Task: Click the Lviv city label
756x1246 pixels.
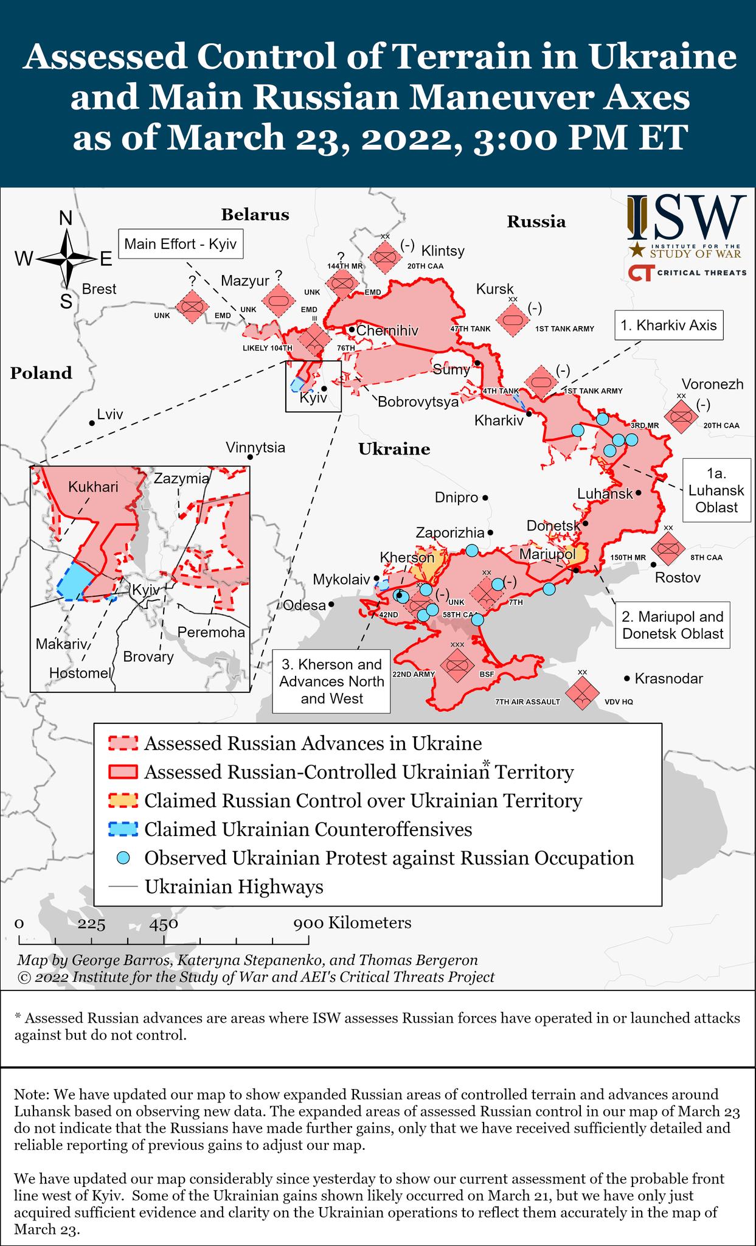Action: pyautogui.click(x=109, y=415)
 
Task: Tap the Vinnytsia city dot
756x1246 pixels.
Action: pyautogui.click(x=249, y=457)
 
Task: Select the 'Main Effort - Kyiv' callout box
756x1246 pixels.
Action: pyautogui.click(x=180, y=245)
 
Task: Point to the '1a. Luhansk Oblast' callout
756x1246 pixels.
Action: pyautogui.click(x=716, y=490)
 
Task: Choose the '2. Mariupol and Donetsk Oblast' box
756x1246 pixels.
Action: pyautogui.click(x=673, y=625)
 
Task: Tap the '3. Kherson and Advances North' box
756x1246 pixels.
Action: pyautogui.click(x=331, y=681)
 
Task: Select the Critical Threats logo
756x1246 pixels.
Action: pyautogui.click(x=687, y=273)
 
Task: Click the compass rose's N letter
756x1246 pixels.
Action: pyautogui.click(x=66, y=218)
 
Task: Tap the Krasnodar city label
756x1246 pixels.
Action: pyautogui.click(x=668, y=678)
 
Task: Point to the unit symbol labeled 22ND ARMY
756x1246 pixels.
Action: pyautogui.click(x=457, y=664)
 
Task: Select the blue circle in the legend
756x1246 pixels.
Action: pyautogui.click(x=123, y=858)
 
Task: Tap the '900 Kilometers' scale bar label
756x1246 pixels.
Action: pyautogui.click(x=353, y=923)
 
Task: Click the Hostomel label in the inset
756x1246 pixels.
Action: pyautogui.click(x=80, y=673)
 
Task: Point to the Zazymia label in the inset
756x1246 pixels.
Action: pyautogui.click(x=181, y=478)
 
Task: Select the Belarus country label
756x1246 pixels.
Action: pyautogui.click(x=255, y=214)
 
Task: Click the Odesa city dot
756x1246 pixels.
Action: pyautogui.click(x=331, y=605)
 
